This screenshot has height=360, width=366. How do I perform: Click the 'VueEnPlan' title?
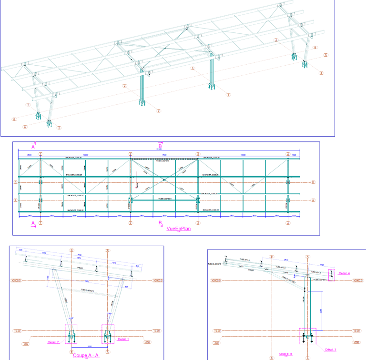(x=175, y=229)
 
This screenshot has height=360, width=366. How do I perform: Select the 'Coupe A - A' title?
(x=86, y=355)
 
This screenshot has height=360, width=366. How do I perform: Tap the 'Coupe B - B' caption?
(x=285, y=354)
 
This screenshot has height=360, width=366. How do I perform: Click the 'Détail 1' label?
(x=122, y=339)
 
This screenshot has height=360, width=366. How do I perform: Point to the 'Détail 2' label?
(x=53, y=342)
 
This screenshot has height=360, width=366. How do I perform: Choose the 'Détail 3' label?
(x=331, y=350)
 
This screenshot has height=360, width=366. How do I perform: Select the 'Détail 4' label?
(x=344, y=273)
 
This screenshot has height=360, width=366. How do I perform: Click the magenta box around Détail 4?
(x=332, y=275)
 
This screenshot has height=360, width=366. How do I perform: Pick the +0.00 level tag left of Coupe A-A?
(x=17, y=330)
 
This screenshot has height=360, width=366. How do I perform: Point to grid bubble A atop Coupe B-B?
(x=308, y=257)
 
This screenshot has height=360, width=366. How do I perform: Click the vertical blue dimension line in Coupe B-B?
(x=322, y=310)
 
